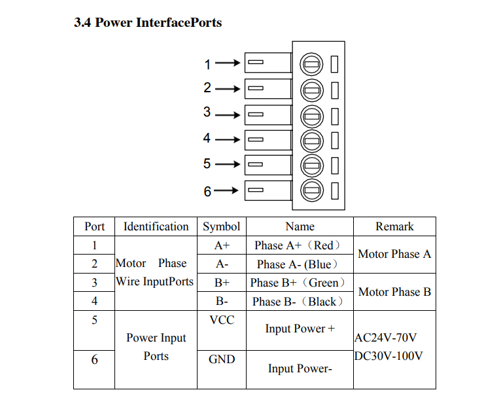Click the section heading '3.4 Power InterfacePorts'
pos(148,23)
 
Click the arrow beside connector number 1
pos(228,63)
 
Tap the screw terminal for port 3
pos(312,115)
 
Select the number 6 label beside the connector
pos(207,192)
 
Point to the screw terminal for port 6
pos(312,190)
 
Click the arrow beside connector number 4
pos(228,139)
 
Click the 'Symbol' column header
pos(221,226)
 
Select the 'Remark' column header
pos(394,226)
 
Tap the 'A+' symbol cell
pos(222,245)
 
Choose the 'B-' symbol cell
pos(222,302)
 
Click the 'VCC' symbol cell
pos(222,320)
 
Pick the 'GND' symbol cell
pos(222,359)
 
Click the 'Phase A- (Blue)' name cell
pos(299,264)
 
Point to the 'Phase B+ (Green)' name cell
pos(299,283)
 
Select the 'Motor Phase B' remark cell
pos(394,292)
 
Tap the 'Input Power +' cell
pos(300,329)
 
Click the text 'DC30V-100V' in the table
pos(389,357)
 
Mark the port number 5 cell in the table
pos(94,320)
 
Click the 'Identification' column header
pos(156,226)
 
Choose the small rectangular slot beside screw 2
pos(334,90)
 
